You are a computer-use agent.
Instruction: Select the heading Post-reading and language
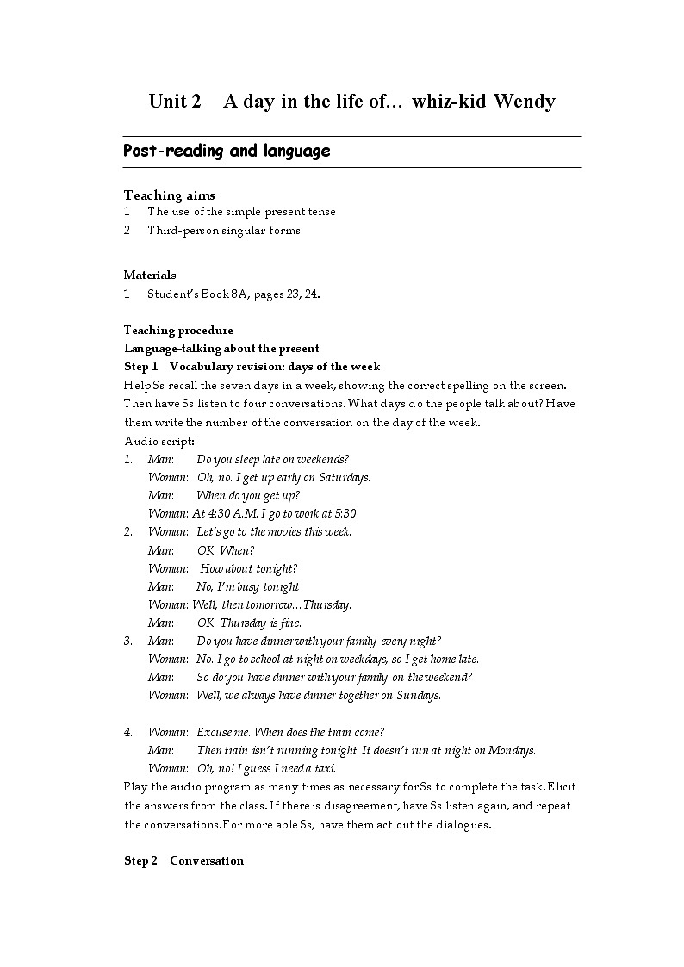click(x=227, y=152)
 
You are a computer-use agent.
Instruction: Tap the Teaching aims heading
click(x=170, y=195)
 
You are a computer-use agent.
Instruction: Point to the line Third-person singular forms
click(x=224, y=230)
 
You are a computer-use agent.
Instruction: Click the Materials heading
click(x=150, y=276)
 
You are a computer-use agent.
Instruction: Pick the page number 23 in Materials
click(x=289, y=294)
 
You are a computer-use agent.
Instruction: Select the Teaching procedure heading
click(x=178, y=331)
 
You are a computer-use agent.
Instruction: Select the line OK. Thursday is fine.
click(x=249, y=623)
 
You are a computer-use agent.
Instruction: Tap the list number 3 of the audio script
click(x=127, y=641)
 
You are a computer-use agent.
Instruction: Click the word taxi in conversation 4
click(x=325, y=768)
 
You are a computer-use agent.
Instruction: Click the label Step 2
click(x=141, y=861)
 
